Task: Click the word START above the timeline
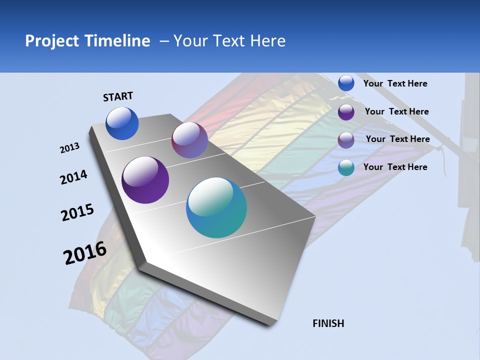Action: pos(118,96)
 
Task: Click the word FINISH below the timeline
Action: pos(328,323)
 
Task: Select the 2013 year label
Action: pos(69,148)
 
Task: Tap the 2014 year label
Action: pos(73,177)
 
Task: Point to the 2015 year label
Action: pos(77,212)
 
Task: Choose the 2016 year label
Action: pos(85,253)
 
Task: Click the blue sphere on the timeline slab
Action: pos(122,123)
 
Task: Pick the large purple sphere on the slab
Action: pos(145,180)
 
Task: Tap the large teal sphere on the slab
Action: pos(216,207)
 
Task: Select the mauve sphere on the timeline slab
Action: pos(189,140)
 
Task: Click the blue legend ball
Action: pos(346,83)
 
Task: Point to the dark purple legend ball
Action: pos(346,112)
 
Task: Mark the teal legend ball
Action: pos(346,167)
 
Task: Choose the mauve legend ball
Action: pos(346,140)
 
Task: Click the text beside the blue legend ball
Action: pos(395,84)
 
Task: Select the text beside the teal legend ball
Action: pos(395,167)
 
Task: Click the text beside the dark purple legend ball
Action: pos(397,111)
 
